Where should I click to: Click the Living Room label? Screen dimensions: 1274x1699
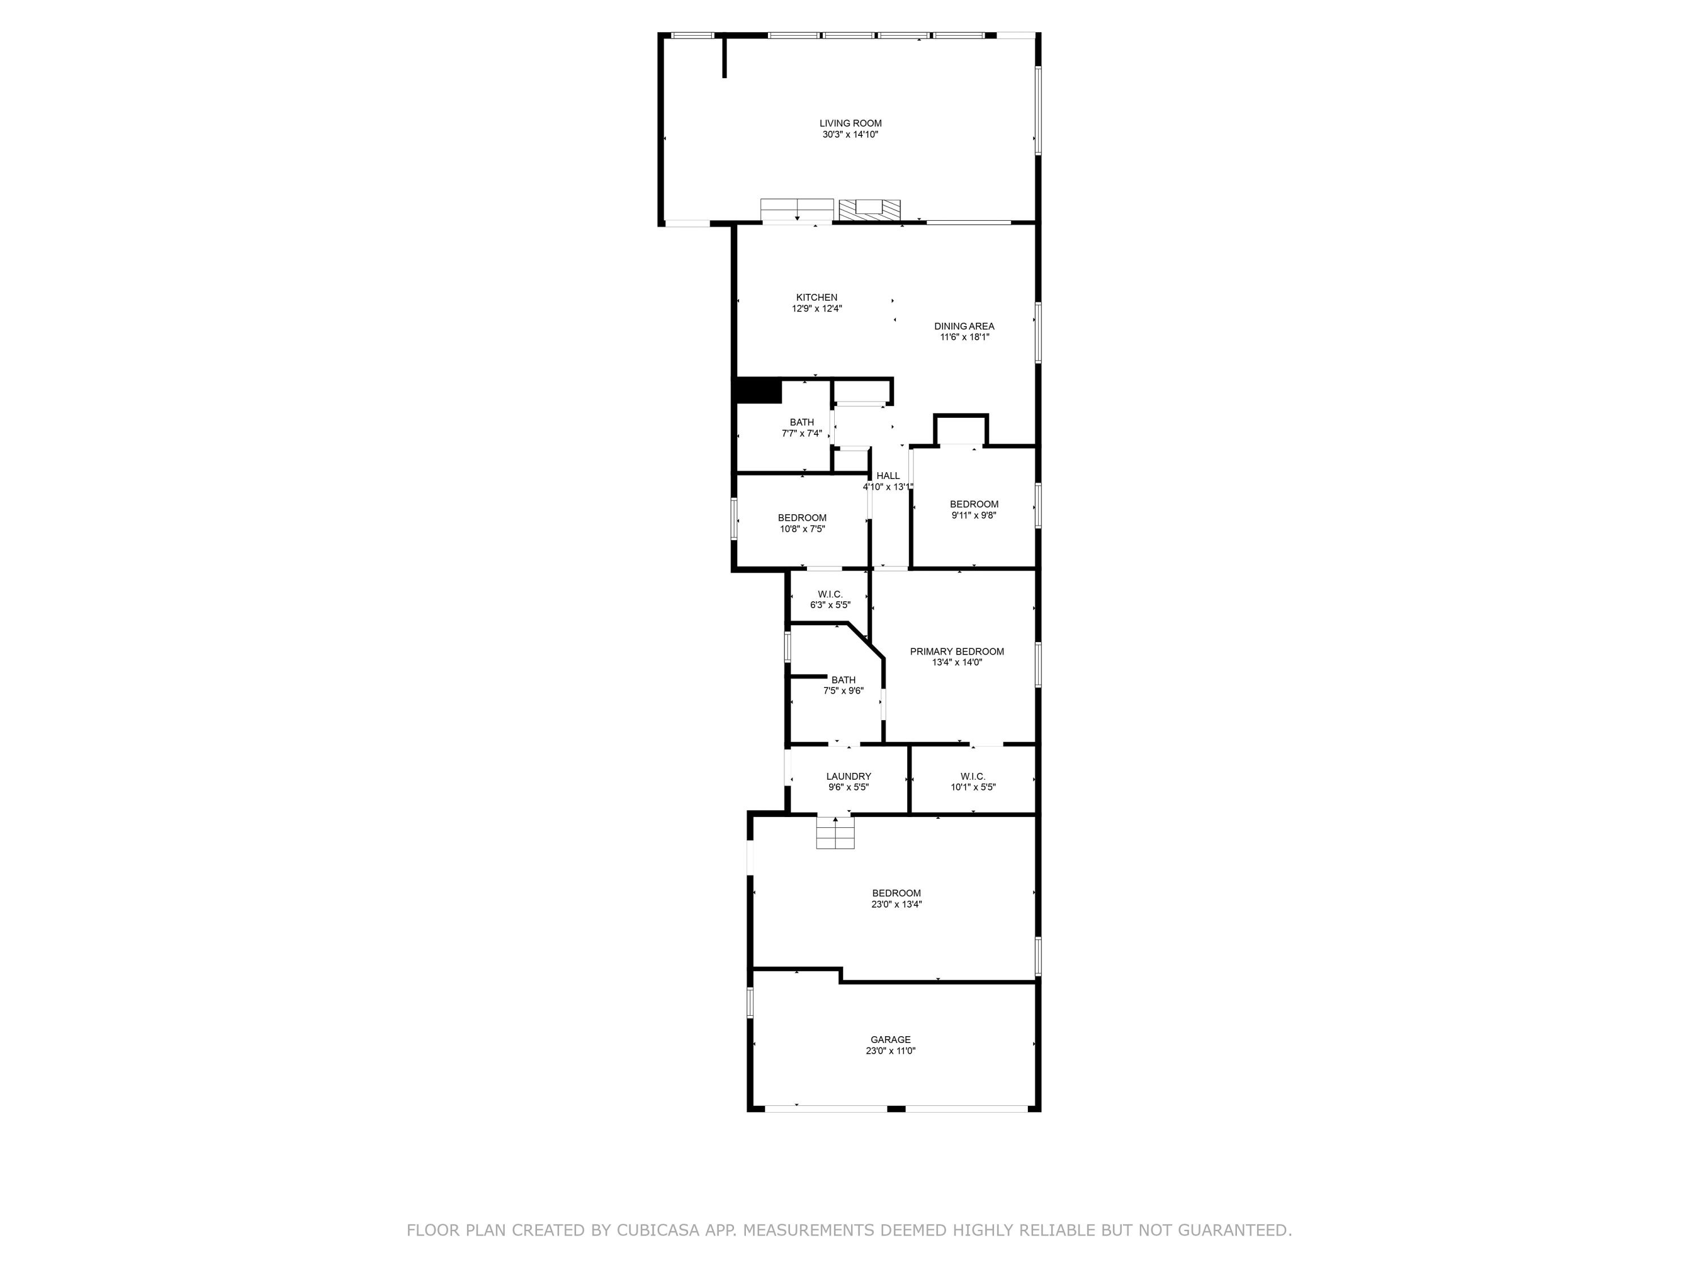850,123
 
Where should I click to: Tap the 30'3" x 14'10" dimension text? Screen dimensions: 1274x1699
850,134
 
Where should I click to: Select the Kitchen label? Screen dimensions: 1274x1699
817,297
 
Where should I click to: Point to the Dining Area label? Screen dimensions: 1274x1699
964,326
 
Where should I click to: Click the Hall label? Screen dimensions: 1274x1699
888,476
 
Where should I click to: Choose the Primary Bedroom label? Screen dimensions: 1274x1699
957,651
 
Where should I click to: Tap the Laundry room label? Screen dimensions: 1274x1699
849,776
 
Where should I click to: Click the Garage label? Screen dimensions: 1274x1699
890,1040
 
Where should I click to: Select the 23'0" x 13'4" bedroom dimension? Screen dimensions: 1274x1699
897,905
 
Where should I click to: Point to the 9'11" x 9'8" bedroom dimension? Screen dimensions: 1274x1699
974,515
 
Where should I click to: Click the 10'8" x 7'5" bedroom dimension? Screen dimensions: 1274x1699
802,529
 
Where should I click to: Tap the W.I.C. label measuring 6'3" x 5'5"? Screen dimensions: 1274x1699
830,595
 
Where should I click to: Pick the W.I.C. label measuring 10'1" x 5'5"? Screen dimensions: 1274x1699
973,776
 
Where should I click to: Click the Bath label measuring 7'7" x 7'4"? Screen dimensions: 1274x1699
802,422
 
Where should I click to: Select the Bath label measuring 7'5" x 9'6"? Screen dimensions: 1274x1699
843,679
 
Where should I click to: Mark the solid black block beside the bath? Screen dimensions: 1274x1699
759,391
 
